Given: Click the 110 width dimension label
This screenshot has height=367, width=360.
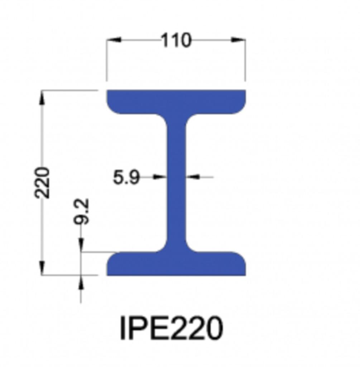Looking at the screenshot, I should coord(176,40).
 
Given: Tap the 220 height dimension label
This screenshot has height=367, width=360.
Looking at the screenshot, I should coord(42,182).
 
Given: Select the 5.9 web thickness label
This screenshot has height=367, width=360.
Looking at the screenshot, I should coord(126,177).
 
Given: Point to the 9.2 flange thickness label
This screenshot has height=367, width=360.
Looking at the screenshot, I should coord(81,211).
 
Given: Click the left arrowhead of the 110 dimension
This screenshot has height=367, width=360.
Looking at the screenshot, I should coord(114,40).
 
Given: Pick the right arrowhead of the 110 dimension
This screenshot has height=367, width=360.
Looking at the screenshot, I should coord(238,40).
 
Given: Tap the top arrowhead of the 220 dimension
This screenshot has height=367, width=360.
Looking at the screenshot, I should coord(42,98).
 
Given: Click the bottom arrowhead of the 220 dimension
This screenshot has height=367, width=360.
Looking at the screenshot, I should coord(42,268).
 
